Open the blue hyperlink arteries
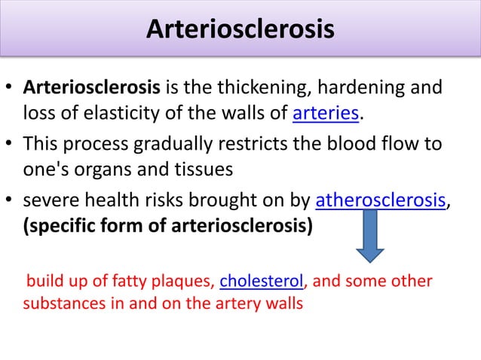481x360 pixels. point(326,114)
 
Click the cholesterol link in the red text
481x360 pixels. point(261,282)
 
